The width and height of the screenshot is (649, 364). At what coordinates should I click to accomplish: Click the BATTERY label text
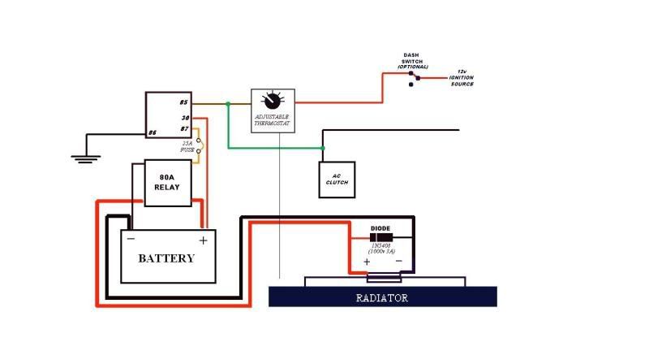tap(166, 258)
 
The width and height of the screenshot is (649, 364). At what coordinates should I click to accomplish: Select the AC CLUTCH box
tap(337, 179)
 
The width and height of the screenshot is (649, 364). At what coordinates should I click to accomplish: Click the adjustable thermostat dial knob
tap(272, 101)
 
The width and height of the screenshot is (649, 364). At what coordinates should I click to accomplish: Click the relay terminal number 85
tap(184, 102)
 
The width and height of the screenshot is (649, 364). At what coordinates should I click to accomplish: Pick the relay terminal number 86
tap(152, 132)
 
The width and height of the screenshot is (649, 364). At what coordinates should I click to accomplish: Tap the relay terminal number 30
tap(185, 118)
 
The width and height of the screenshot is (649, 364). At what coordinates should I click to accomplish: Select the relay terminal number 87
tap(185, 128)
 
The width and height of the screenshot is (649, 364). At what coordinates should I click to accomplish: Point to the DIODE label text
tap(381, 228)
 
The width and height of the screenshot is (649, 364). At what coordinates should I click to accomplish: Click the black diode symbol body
tap(380, 237)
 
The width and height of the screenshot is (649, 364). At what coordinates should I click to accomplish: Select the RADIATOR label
tap(382, 297)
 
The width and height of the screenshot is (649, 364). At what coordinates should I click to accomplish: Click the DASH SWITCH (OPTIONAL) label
tap(415, 61)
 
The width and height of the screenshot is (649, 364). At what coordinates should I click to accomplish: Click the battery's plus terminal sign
tap(203, 240)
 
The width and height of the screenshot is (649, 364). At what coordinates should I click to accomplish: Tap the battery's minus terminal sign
tap(131, 239)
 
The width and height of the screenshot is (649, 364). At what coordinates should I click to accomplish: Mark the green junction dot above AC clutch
tap(323, 148)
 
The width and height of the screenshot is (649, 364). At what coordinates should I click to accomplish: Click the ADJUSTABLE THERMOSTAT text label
tap(272, 120)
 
